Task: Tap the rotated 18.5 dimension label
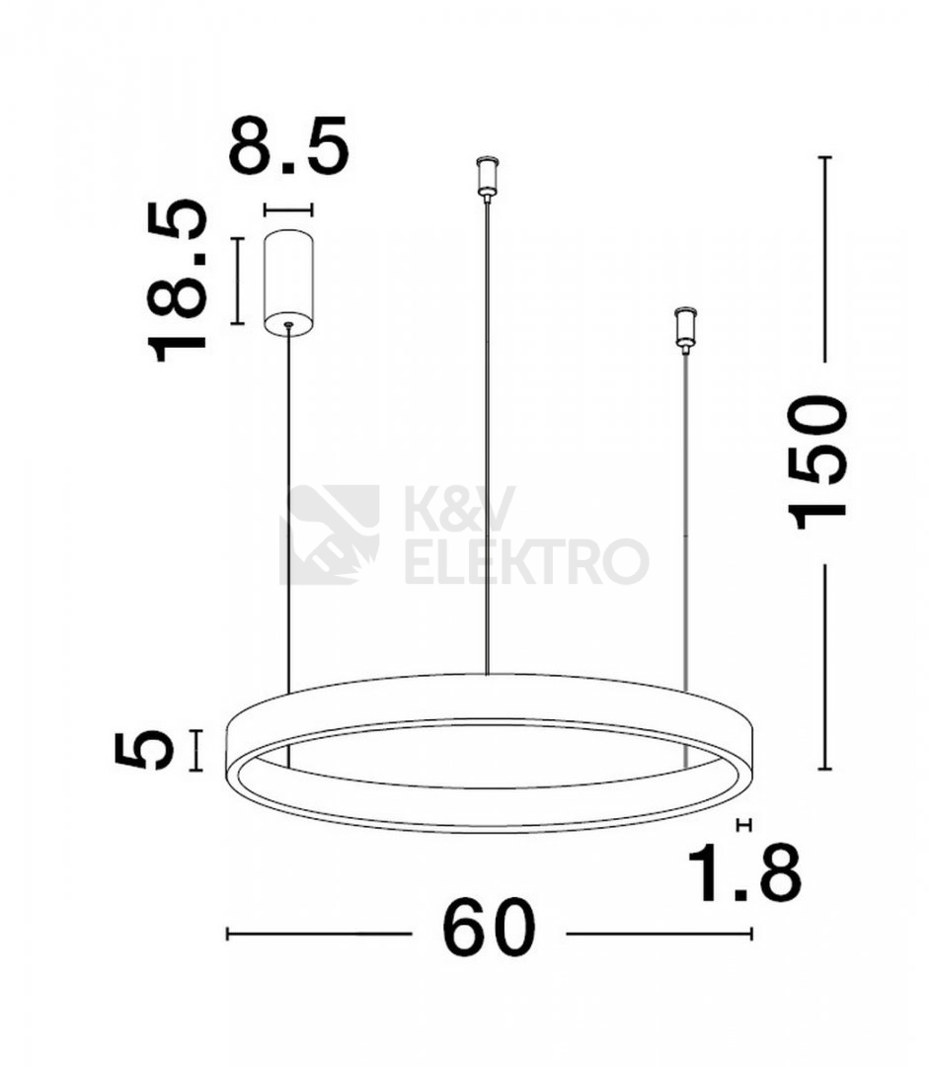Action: coord(177,281)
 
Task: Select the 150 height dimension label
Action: coord(816,462)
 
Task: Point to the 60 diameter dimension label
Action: coord(489,928)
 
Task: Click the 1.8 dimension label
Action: coord(744,873)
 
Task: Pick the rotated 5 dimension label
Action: coord(144,749)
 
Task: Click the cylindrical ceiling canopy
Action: coord(288,282)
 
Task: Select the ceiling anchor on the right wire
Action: coord(685,331)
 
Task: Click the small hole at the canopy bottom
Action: coord(288,325)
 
